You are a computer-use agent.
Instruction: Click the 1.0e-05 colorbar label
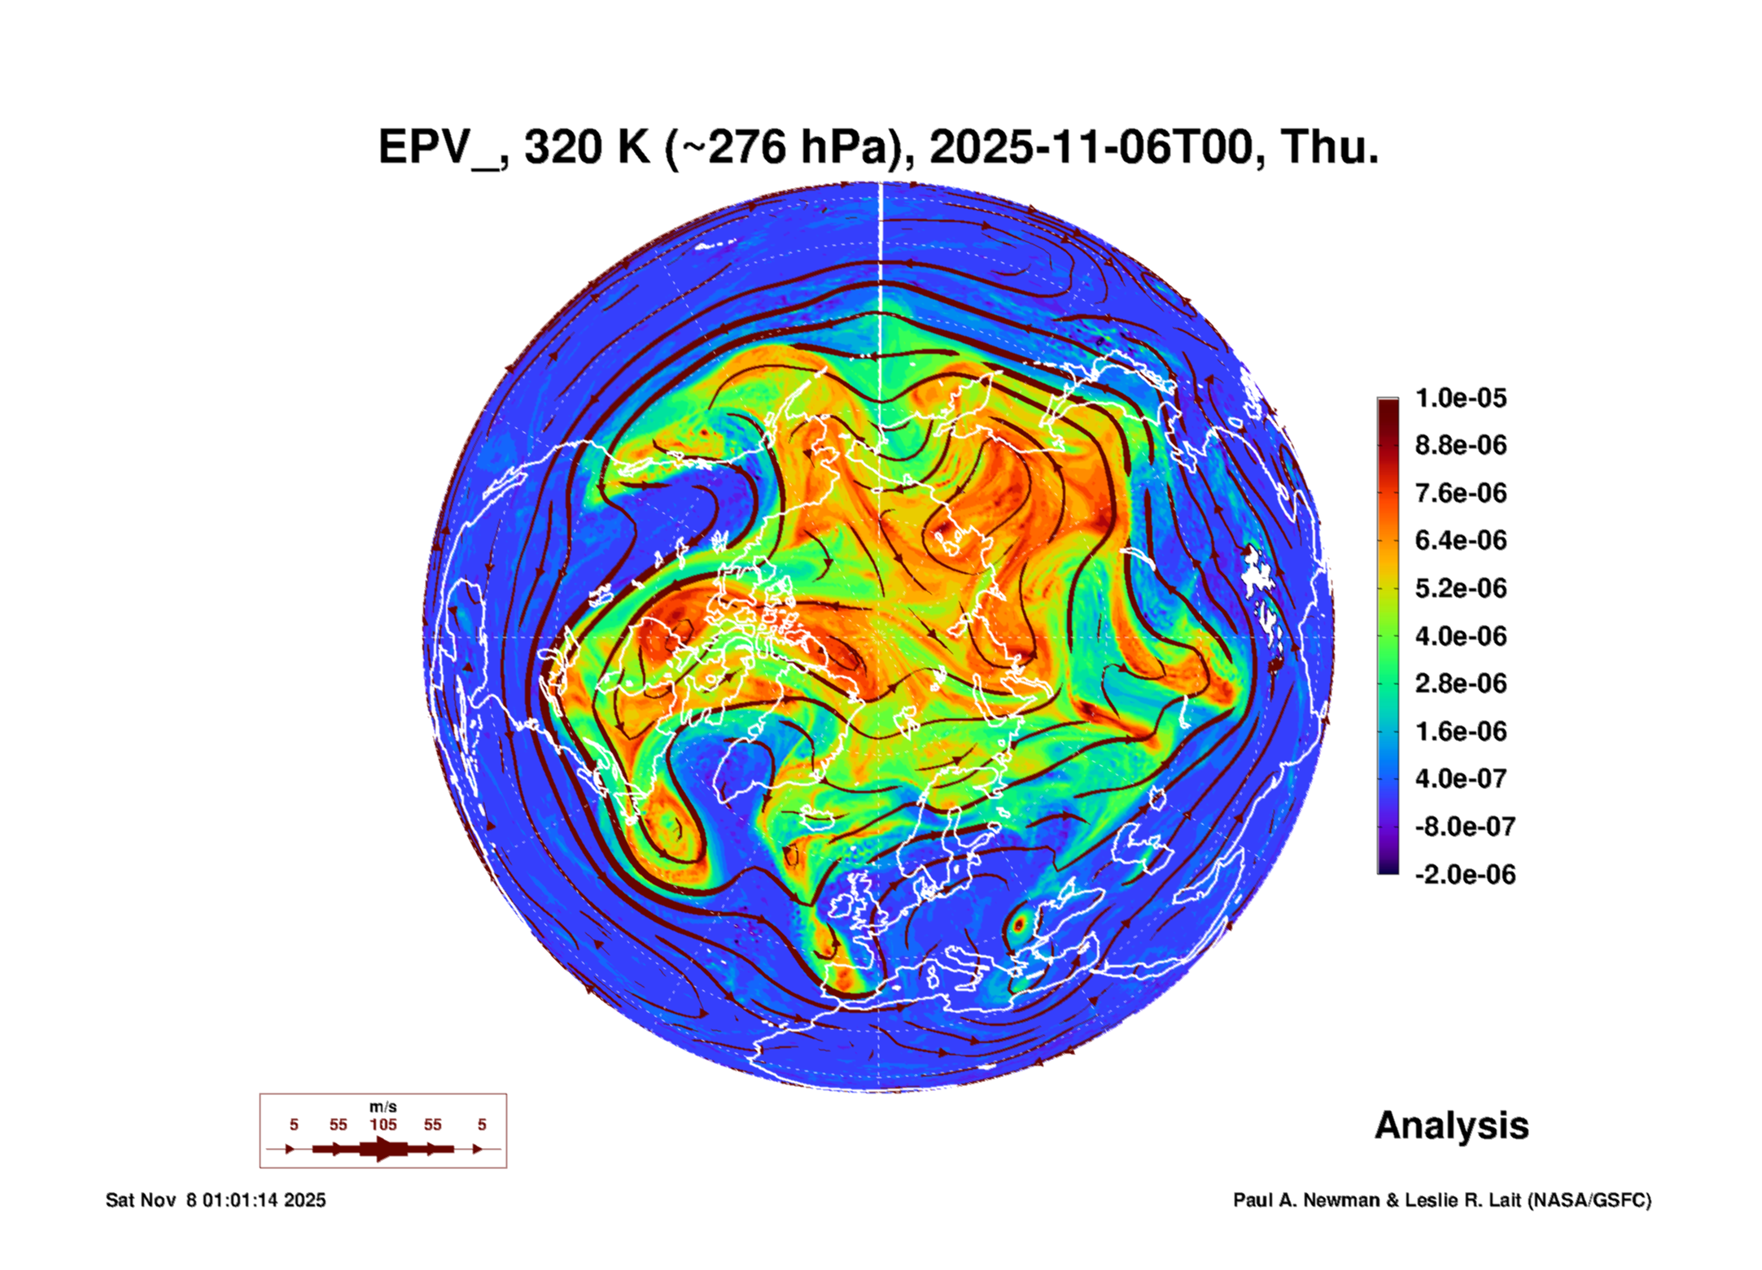click(1460, 398)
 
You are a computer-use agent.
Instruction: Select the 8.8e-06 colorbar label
click(1460, 445)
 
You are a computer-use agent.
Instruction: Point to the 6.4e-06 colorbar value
click(1460, 540)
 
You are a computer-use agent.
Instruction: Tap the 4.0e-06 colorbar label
click(1460, 635)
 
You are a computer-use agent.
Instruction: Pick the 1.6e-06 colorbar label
click(1460, 731)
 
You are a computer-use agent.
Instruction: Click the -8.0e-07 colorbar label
click(1464, 827)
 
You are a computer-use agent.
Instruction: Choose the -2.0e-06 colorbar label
click(1464, 875)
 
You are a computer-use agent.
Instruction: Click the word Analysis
click(1451, 1125)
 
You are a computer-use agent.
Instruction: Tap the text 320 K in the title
click(587, 147)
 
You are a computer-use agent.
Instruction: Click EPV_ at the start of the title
click(439, 147)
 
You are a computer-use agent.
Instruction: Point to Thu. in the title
click(1330, 147)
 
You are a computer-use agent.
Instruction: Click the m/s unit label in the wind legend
click(383, 1106)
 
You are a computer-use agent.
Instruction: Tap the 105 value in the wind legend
click(383, 1124)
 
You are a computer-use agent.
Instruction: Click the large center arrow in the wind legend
click(383, 1149)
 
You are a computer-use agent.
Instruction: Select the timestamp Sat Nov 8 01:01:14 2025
click(216, 1200)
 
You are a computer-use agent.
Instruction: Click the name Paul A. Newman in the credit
click(1306, 1200)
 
